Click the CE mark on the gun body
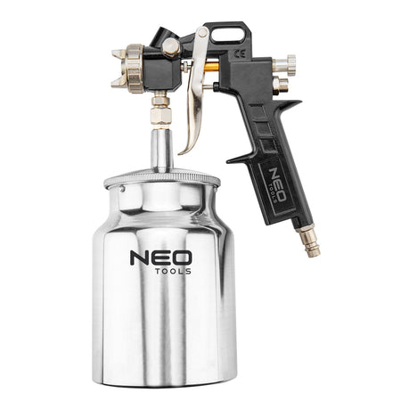[x=240, y=53]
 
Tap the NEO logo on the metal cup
[x=160, y=258]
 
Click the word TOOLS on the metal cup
[x=173, y=271]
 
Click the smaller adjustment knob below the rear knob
[x=281, y=85]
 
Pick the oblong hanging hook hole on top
[x=227, y=35]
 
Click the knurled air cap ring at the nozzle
[x=135, y=69]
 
